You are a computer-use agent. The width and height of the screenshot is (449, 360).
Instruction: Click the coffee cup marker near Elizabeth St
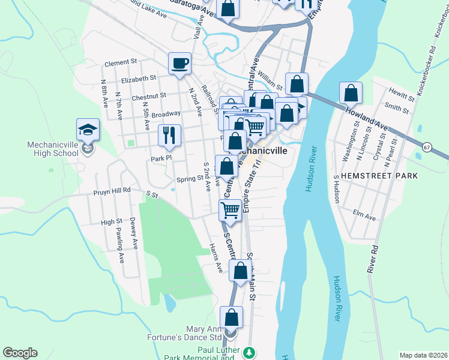coord(179,63)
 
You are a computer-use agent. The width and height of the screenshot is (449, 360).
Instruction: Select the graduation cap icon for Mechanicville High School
coord(88,129)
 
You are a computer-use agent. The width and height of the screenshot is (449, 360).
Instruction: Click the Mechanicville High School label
coord(53,149)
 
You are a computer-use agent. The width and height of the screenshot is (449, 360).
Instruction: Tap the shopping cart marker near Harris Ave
coord(231,210)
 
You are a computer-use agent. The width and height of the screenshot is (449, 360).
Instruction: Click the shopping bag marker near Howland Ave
coord(351,93)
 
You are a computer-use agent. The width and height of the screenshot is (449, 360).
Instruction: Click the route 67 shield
coord(427,147)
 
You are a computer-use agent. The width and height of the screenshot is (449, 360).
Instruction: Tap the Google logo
coord(20,353)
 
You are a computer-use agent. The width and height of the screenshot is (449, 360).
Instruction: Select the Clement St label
coord(121,63)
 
